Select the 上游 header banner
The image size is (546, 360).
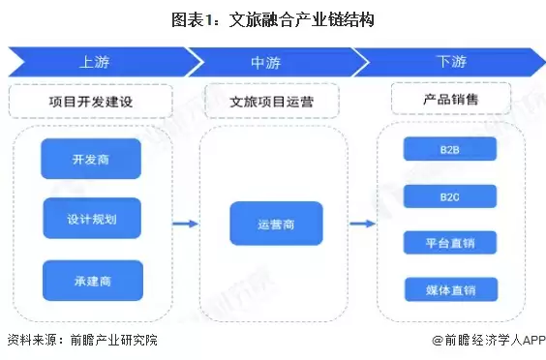(x=97, y=62)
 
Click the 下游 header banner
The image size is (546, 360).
(x=450, y=62)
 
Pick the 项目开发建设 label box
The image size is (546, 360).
(x=91, y=100)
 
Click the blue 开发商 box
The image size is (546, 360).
(x=92, y=159)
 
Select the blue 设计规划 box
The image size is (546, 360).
(x=92, y=219)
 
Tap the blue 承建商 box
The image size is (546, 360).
(x=92, y=280)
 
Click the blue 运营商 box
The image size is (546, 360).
(x=275, y=224)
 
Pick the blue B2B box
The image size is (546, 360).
(x=449, y=149)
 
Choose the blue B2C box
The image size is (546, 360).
(x=449, y=196)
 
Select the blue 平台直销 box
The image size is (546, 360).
(x=449, y=242)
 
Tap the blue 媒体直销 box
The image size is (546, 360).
(x=449, y=288)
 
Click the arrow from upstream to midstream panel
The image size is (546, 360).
(x=185, y=224)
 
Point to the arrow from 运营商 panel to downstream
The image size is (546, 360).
(x=362, y=224)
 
